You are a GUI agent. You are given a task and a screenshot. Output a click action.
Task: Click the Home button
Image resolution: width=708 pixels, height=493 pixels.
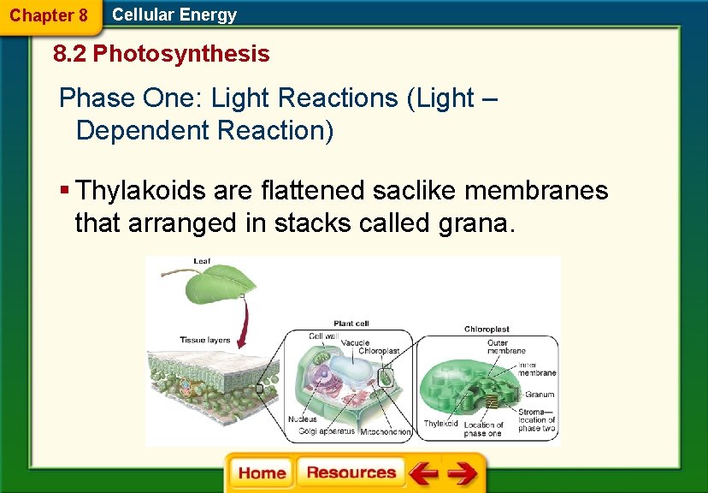click(x=261, y=473)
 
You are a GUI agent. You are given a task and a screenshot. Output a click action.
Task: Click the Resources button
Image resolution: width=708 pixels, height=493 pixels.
click(x=351, y=473)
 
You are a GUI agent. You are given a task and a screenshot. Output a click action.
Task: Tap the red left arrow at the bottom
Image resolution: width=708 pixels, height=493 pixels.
click(x=422, y=473)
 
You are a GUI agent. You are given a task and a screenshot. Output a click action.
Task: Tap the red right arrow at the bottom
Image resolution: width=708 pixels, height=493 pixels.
click(x=462, y=473)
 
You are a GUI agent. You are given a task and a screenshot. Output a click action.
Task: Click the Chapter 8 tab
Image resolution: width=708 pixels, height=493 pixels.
click(x=49, y=15)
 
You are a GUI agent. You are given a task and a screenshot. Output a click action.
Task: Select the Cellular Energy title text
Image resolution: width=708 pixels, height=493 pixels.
click(x=174, y=15)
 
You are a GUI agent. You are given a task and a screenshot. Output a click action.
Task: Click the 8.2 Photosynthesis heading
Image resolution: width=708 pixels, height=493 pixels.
click(x=161, y=55)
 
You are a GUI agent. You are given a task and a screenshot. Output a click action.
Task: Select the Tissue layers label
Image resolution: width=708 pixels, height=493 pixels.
click(x=204, y=340)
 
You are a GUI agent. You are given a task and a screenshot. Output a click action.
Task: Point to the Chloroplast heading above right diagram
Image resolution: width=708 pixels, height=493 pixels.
click(x=487, y=329)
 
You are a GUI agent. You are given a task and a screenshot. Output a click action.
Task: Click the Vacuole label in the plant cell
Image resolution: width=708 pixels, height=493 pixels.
click(x=356, y=342)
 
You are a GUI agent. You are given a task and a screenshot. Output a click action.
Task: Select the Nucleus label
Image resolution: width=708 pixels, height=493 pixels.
click(x=303, y=419)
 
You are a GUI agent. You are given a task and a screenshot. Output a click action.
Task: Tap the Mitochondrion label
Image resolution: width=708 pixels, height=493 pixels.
click(x=386, y=432)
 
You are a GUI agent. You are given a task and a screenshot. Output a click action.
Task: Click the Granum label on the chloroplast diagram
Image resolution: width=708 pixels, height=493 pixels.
click(x=540, y=395)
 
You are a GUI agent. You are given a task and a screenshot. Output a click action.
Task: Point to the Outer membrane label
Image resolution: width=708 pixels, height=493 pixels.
click(x=507, y=347)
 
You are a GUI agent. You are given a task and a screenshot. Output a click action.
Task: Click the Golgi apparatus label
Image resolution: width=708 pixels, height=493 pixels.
click(x=327, y=432)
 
